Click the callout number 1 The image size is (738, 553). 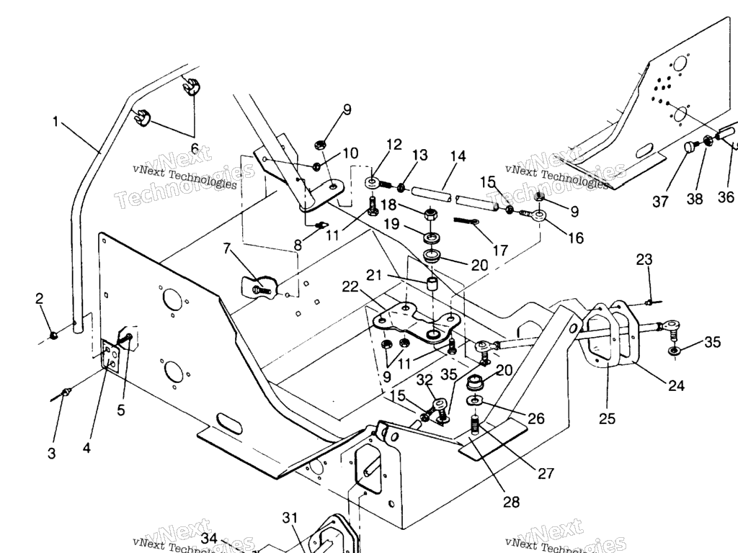[55, 121]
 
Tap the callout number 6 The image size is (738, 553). [194, 148]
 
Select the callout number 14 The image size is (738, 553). [458, 156]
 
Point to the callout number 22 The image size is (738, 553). [350, 287]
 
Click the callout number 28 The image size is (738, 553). [511, 502]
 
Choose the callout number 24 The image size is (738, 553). [675, 385]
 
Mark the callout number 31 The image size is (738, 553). [289, 518]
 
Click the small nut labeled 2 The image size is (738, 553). [54, 335]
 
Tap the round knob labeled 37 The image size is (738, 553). [690, 148]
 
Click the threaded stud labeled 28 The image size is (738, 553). [475, 425]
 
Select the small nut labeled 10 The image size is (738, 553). [316, 167]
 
